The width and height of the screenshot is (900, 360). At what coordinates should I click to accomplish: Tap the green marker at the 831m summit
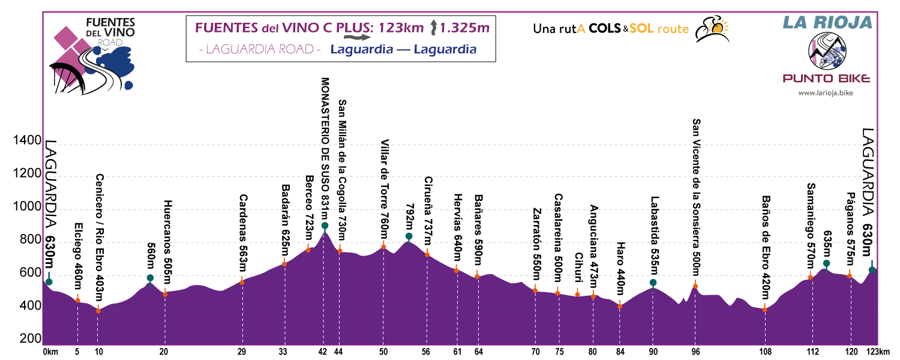325,226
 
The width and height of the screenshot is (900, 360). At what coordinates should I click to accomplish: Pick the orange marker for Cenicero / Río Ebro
98,311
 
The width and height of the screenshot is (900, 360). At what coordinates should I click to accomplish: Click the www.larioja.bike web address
826,93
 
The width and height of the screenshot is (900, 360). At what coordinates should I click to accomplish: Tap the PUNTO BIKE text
826,79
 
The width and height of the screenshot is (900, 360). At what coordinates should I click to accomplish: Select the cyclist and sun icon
710,28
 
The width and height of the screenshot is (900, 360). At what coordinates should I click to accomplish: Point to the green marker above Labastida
653,283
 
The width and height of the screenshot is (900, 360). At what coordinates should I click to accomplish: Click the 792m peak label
409,215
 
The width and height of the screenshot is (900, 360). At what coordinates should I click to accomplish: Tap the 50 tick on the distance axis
383,352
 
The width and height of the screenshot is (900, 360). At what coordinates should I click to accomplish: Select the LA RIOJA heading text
826,23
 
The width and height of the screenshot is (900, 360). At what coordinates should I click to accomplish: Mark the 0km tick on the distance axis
50,352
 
